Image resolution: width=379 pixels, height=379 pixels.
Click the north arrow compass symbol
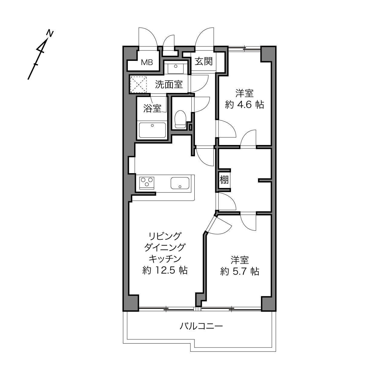coord(40,56)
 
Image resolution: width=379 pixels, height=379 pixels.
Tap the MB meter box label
coord(147,63)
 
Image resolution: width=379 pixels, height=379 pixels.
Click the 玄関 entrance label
coord(203,61)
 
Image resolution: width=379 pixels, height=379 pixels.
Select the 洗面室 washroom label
coord(169,84)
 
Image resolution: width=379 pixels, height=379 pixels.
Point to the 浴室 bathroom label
coord(152,108)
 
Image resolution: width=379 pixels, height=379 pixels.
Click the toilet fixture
coord(180,119)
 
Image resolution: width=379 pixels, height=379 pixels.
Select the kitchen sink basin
coord(180,183)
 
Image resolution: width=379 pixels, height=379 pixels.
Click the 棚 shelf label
coord(224,180)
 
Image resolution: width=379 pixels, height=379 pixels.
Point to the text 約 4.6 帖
coord(245,104)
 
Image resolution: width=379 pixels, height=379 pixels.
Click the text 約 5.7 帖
coord(240,271)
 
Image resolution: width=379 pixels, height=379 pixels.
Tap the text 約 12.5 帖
coord(165,270)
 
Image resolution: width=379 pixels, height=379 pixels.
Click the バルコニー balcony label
coord(201,326)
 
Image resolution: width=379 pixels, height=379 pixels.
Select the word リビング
coord(165,236)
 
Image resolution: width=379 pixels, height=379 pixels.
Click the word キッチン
coord(165,259)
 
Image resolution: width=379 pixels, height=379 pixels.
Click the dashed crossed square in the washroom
coord(138,84)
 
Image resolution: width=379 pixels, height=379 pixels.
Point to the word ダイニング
coord(165,247)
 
